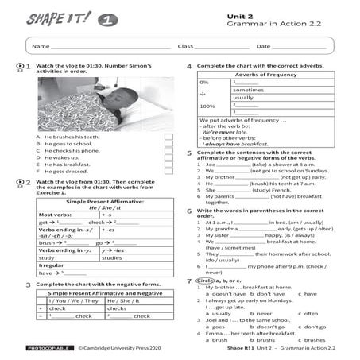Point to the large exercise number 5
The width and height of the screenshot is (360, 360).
coord(189,153)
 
